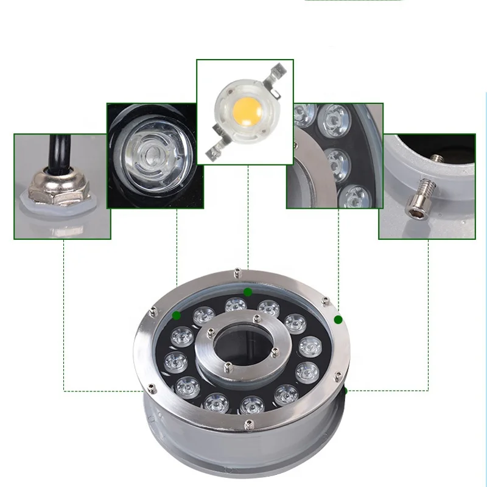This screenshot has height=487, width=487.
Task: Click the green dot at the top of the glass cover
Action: (248, 292)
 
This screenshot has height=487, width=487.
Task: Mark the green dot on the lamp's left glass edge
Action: (176, 315)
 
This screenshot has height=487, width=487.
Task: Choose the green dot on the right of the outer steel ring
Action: (338, 320)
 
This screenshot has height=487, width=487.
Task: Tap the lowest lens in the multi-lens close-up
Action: (353, 197)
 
